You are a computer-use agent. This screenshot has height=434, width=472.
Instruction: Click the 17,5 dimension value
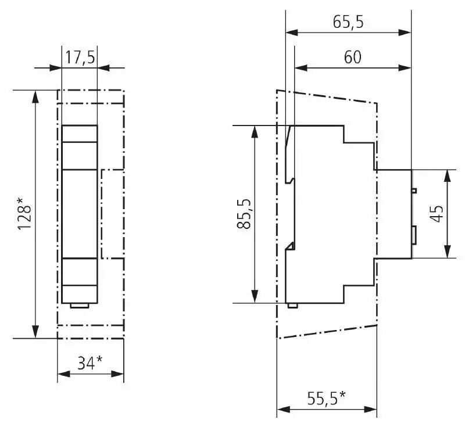click(80, 57)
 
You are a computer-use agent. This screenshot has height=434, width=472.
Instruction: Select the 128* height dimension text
click(24, 214)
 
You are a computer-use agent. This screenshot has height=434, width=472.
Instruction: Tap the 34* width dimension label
click(90, 363)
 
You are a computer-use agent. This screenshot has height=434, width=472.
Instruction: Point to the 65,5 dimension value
click(348, 22)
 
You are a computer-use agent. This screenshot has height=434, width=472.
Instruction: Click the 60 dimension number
click(352, 57)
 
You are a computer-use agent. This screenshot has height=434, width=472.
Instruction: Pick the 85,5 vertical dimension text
click(244, 214)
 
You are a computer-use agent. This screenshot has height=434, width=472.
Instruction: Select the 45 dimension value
click(437, 214)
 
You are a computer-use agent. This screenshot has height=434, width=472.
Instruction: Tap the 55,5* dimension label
click(327, 398)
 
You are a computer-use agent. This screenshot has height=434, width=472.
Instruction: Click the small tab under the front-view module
click(80, 306)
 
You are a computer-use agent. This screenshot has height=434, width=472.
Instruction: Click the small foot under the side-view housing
click(293, 306)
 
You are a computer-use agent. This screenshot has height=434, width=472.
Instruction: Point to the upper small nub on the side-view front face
click(414, 191)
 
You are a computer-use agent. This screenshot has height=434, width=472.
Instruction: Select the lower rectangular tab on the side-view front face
click(414, 235)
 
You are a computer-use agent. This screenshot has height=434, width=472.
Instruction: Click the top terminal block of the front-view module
click(80, 134)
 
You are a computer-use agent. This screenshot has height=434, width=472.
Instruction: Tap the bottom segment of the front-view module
click(80, 294)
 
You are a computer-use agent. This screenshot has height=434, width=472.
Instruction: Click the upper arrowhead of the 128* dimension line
click(35, 97)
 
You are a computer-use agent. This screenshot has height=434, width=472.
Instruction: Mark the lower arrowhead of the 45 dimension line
click(448, 252)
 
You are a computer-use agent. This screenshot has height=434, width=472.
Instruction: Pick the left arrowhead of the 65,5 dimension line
click(292, 33)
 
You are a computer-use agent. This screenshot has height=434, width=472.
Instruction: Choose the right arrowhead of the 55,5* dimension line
click(370, 410)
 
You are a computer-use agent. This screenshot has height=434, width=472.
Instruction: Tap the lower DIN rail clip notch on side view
click(291, 246)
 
